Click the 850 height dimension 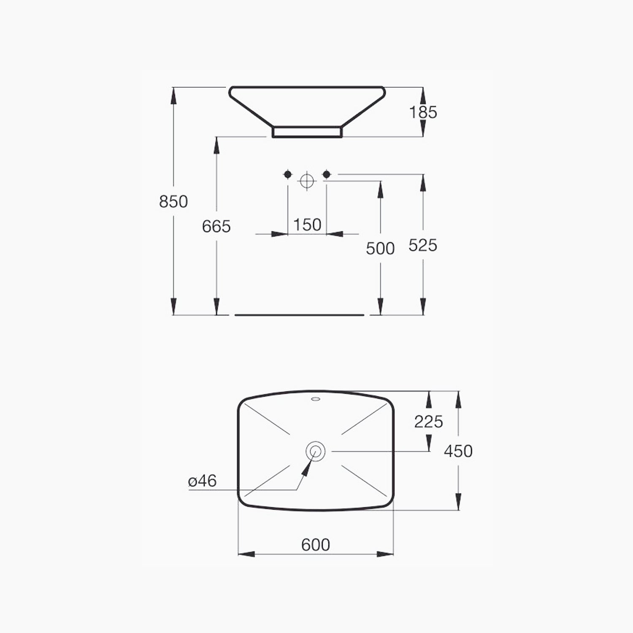(x=173, y=201)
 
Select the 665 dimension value (x=216, y=227)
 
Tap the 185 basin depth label (x=423, y=112)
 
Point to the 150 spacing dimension (x=307, y=225)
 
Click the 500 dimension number (x=380, y=249)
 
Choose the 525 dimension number (x=423, y=245)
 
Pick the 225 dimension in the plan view (x=428, y=422)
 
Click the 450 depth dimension (x=458, y=451)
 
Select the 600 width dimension (x=316, y=545)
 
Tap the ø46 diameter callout (x=203, y=481)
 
